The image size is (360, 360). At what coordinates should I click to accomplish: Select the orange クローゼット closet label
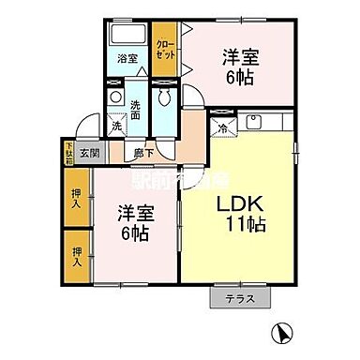point(164,47)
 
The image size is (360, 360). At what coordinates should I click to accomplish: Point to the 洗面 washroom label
point(136,110)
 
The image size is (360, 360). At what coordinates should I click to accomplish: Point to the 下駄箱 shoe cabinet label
point(68,150)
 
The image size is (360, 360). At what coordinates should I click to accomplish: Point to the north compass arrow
point(281,332)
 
